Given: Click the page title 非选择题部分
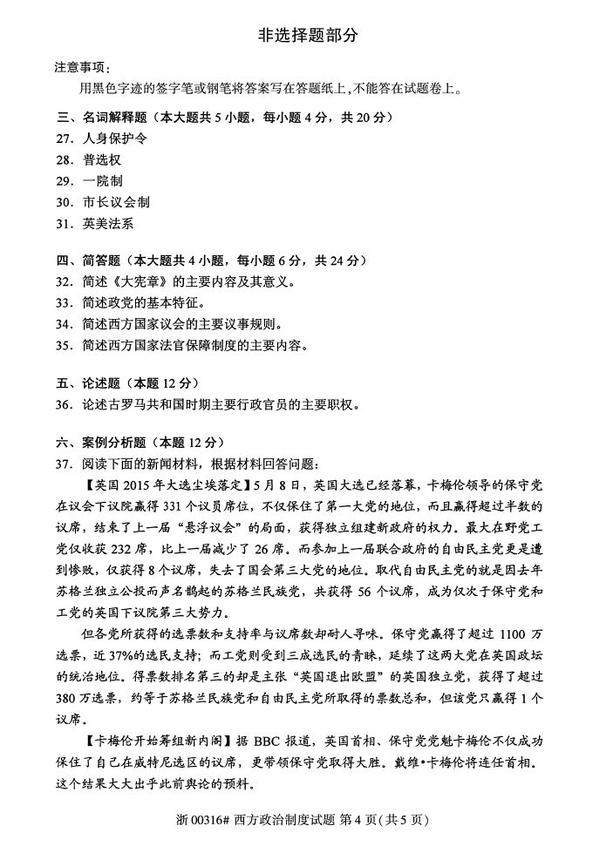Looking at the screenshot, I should pyautogui.click(x=307, y=35).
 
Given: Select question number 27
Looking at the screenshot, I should pyautogui.click(x=63, y=138).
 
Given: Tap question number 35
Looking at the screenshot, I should pyautogui.click(x=63, y=345).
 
